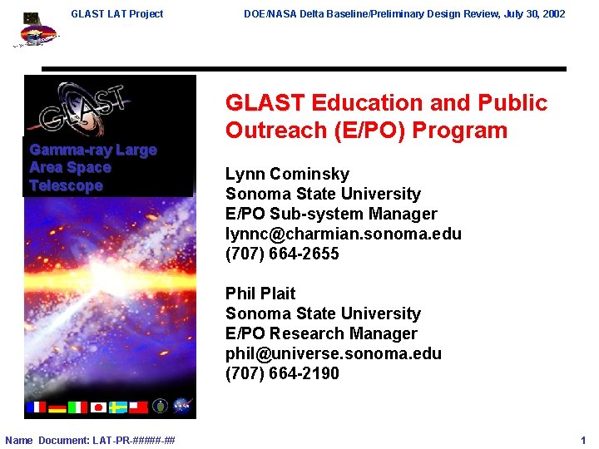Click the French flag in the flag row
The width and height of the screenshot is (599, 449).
37,407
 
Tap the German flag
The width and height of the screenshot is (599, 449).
57,407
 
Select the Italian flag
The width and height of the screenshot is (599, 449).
77,407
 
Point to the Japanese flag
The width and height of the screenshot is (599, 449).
97,407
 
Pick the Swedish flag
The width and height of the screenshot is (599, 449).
118,407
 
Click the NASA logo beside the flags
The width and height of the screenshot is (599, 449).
182,406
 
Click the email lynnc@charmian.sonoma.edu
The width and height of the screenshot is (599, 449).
343,234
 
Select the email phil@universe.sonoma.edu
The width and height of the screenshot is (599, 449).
333,353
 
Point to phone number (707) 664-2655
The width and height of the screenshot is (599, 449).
282,254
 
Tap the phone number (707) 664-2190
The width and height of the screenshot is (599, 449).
282,373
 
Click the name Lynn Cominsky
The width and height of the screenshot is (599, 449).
287,174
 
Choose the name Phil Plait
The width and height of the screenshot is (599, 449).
260,294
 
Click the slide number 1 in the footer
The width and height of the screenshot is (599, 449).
583,440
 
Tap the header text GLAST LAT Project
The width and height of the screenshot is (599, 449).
117,13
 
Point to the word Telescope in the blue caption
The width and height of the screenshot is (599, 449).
66,185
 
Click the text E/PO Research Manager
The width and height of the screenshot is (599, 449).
321,333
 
